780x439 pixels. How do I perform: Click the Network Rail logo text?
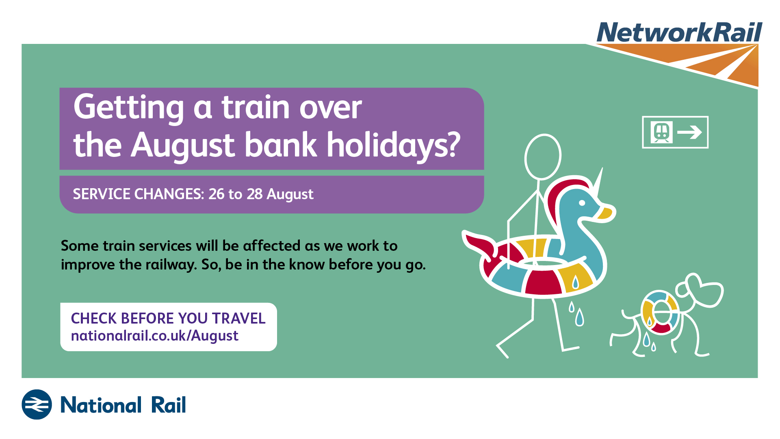pyautogui.click(x=679, y=32)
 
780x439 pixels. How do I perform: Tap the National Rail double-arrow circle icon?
pyautogui.click(x=37, y=404)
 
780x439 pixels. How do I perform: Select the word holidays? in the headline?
pyautogui.click(x=394, y=146)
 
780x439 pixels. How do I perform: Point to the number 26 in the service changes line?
pyautogui.click(x=217, y=194)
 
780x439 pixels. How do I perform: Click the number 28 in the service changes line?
pyautogui.click(x=255, y=194)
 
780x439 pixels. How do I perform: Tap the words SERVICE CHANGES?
pyautogui.click(x=138, y=194)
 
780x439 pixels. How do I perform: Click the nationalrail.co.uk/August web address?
pyautogui.click(x=154, y=336)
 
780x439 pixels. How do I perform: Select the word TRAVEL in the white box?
pyautogui.click(x=239, y=318)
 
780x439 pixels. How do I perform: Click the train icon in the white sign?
pyautogui.click(x=661, y=132)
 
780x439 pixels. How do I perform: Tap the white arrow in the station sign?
pyautogui.click(x=690, y=132)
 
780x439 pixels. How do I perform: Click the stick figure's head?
pyautogui.click(x=543, y=157)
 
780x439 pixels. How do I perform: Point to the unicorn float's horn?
pyautogui.click(x=598, y=183)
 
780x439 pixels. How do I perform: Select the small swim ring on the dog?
pyautogui.click(x=660, y=313)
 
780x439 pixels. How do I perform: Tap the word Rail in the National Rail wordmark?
pyautogui.click(x=169, y=405)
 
